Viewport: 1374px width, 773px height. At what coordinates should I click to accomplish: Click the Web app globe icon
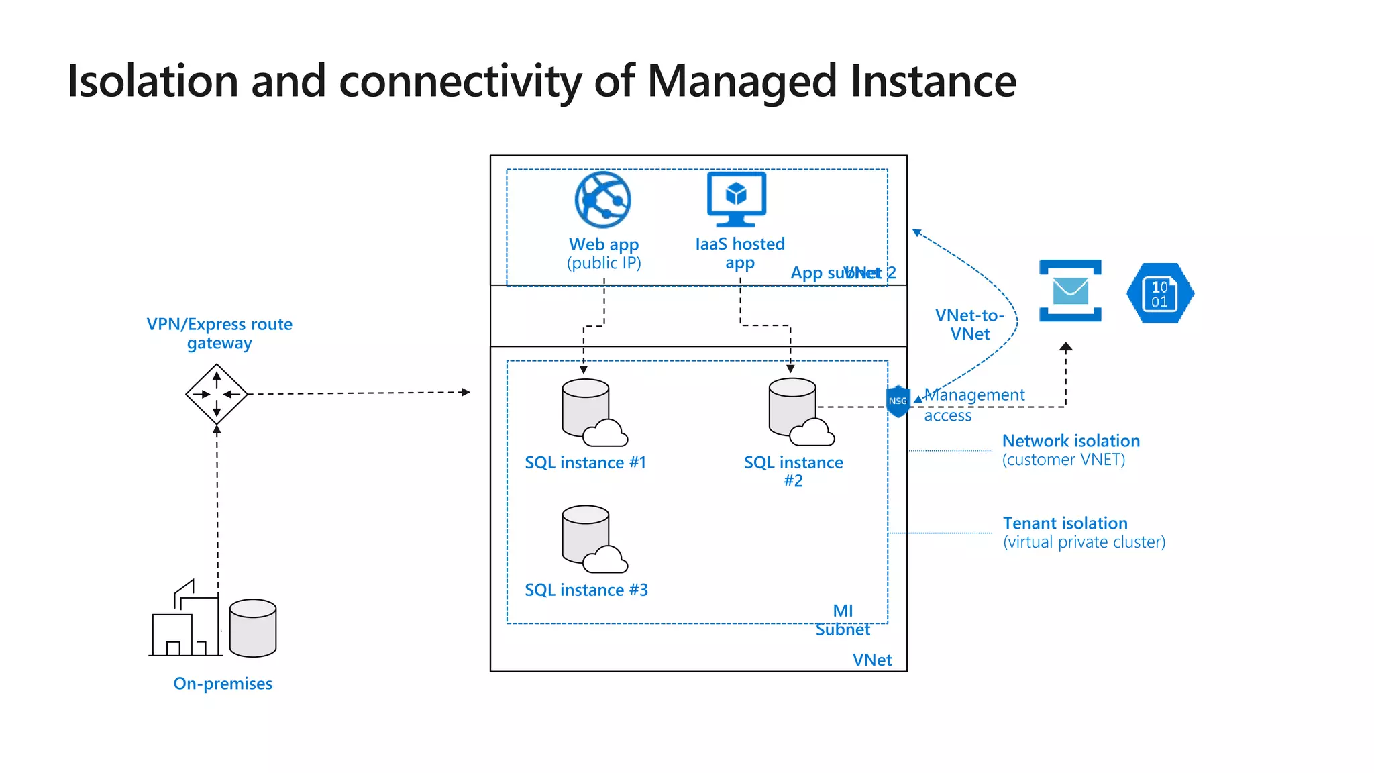click(602, 200)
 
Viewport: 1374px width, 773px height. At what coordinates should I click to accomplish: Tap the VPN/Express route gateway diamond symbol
click(217, 394)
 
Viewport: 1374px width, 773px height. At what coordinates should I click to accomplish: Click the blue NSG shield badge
click(898, 401)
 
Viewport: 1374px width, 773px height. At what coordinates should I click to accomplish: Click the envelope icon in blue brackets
click(1070, 291)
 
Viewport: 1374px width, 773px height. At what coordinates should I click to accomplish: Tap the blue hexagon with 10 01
click(1159, 293)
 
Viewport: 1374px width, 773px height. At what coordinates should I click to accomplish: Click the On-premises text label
click(223, 684)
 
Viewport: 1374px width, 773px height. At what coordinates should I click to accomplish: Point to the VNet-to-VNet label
click(969, 325)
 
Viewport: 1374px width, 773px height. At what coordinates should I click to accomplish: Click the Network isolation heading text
click(1071, 441)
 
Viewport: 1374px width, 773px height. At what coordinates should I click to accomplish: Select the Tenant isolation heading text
click(1065, 523)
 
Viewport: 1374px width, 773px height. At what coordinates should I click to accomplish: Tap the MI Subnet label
click(843, 620)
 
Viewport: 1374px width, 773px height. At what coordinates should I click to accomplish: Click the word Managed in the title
click(742, 82)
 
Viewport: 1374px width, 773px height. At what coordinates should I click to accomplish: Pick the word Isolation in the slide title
click(153, 81)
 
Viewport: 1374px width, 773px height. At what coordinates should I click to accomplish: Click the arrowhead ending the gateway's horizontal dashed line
click(466, 392)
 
